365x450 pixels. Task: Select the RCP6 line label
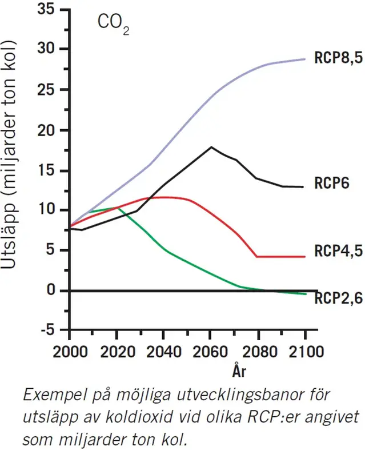click(x=331, y=184)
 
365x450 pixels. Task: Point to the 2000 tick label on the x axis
click(x=70, y=350)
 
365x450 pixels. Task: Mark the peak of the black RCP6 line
click(x=211, y=147)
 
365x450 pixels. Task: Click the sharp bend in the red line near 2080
click(x=256, y=256)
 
